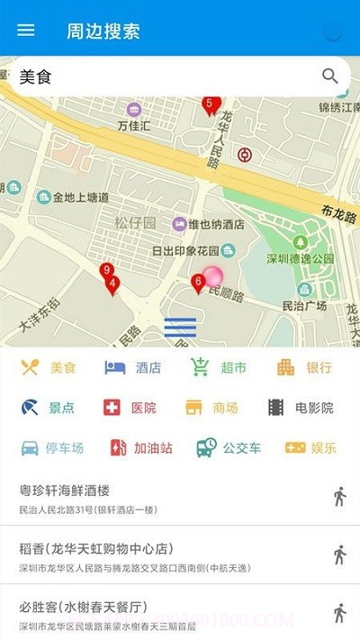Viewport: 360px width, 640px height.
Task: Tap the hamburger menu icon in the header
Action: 26,31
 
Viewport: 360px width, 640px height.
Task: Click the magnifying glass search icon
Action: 330,77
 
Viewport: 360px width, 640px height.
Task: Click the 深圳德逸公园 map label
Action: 301,258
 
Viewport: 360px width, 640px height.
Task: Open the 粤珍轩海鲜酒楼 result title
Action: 65,491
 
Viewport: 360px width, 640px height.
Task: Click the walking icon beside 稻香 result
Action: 339,554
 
